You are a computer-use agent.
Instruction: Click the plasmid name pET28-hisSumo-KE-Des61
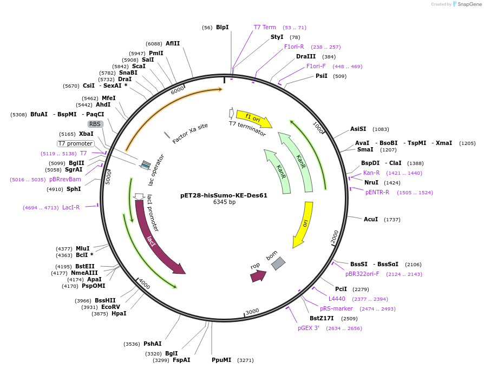(x=224, y=195)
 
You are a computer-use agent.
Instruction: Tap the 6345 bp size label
(x=224, y=202)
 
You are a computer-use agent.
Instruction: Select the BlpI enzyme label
(x=222, y=27)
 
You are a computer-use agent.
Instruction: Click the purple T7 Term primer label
(x=265, y=27)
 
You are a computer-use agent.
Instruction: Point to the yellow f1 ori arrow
(x=253, y=117)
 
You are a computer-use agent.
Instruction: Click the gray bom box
(x=278, y=263)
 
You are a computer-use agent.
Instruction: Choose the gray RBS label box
(x=95, y=124)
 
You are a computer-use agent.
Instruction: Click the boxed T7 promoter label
(x=76, y=143)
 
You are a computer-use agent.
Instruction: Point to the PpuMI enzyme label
(x=221, y=360)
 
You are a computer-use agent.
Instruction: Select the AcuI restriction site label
(x=371, y=219)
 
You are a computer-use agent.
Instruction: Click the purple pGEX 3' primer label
(x=309, y=328)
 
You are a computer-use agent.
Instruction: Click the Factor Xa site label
(x=190, y=134)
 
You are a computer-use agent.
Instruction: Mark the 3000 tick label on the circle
(x=252, y=312)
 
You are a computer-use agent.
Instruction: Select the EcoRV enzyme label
(x=110, y=307)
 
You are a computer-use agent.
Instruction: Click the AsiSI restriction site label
(x=358, y=129)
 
